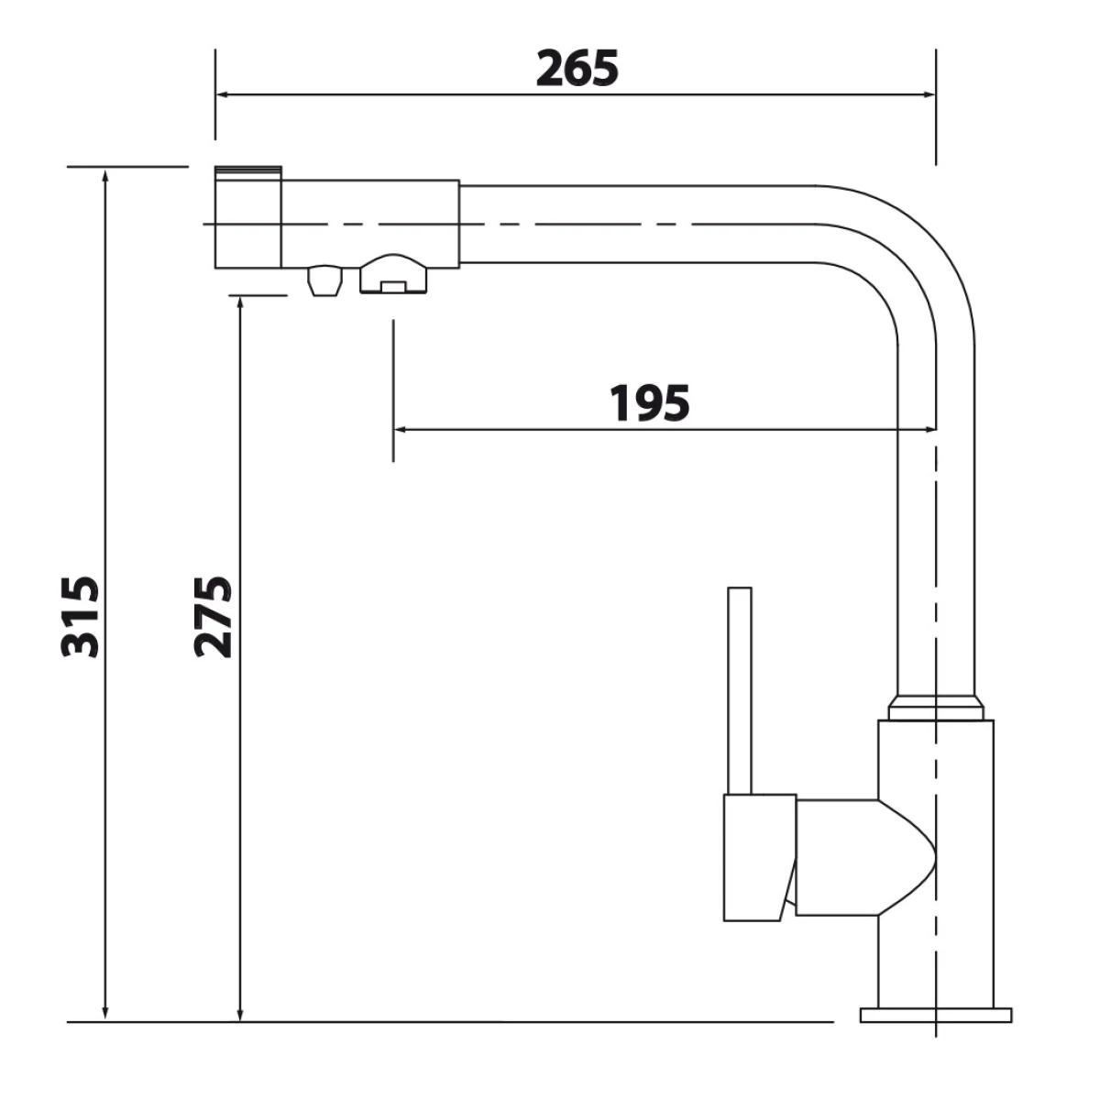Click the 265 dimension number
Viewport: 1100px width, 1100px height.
(x=577, y=69)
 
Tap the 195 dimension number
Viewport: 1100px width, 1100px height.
(x=650, y=403)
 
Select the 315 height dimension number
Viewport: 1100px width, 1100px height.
(x=81, y=618)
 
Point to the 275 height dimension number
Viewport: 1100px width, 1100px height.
(x=214, y=618)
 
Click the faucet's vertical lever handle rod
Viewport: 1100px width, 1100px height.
(x=740, y=691)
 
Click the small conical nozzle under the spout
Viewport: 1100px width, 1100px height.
(x=324, y=280)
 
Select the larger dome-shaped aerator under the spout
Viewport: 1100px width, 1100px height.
(x=393, y=275)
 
